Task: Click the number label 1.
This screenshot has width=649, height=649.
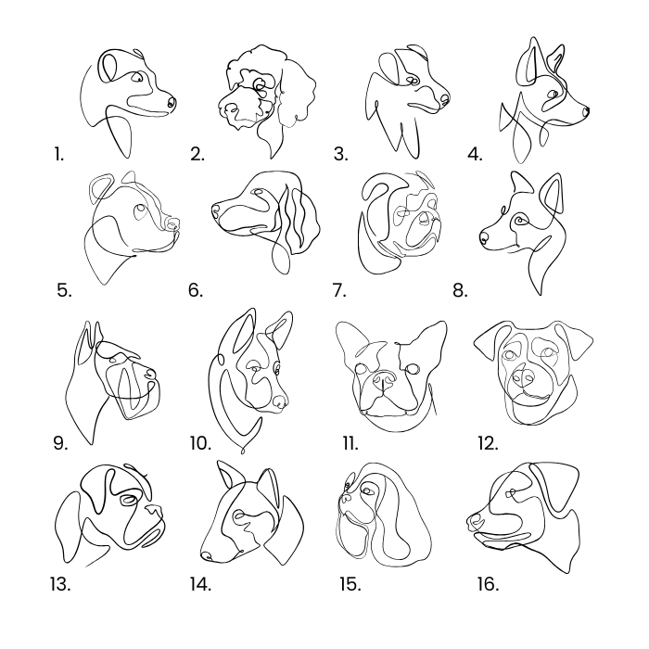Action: coord(58,154)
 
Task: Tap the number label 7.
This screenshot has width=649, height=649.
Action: coord(339,290)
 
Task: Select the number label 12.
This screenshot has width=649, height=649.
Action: coord(488,443)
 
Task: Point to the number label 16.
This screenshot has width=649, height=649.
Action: coord(488,584)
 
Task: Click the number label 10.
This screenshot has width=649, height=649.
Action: coord(201,443)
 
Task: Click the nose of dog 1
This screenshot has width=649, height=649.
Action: coord(172,102)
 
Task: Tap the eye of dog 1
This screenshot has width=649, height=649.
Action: coord(136,77)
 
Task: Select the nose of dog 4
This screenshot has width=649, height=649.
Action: coord(586,111)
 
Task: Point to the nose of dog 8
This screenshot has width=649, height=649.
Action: coord(483,238)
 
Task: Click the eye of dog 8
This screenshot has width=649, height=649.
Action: coord(518,221)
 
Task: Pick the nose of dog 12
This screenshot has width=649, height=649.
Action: coord(522,376)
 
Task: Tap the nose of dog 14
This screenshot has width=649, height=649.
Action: coord(207,556)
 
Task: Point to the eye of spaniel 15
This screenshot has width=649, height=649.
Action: coord(367,491)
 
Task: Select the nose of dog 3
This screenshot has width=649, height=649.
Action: coord(444,99)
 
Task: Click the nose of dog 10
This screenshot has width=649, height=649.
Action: coord(281,401)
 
